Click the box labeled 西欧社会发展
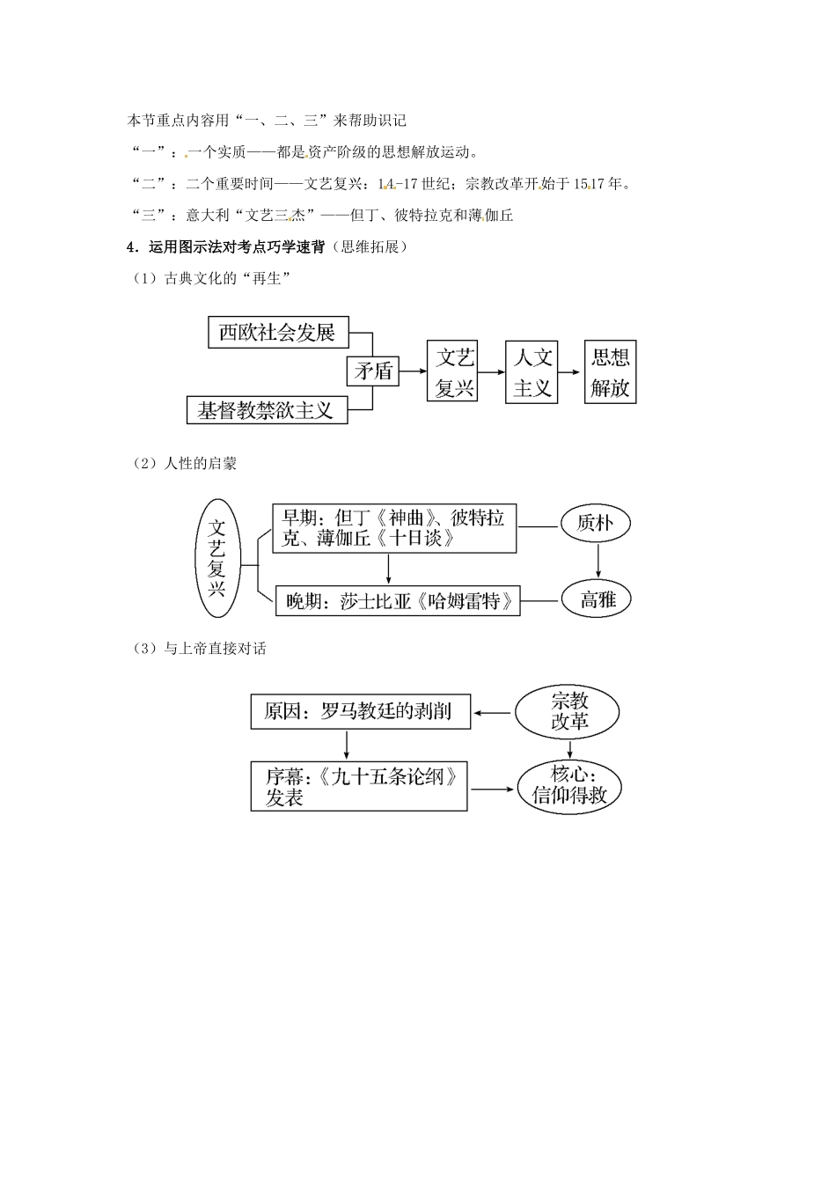tap(278, 332)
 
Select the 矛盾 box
tap(373, 371)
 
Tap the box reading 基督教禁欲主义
tap(268, 410)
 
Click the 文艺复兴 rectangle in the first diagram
tap(452, 371)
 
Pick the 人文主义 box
tap(532, 372)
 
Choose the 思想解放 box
tap(611, 371)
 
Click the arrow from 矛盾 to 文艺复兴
tap(413, 371)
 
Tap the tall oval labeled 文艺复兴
tap(217, 558)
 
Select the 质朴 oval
tap(595, 523)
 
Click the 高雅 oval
tap(597, 599)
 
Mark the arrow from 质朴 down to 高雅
tap(598, 561)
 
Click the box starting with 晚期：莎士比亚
tap(398, 600)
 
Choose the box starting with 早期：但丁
tap(394, 528)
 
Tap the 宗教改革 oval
tap(568, 712)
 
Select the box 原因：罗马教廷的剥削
tap(361, 711)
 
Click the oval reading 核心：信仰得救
tap(569, 788)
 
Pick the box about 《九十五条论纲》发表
tap(359, 786)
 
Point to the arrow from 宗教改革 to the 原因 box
tap(492, 713)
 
